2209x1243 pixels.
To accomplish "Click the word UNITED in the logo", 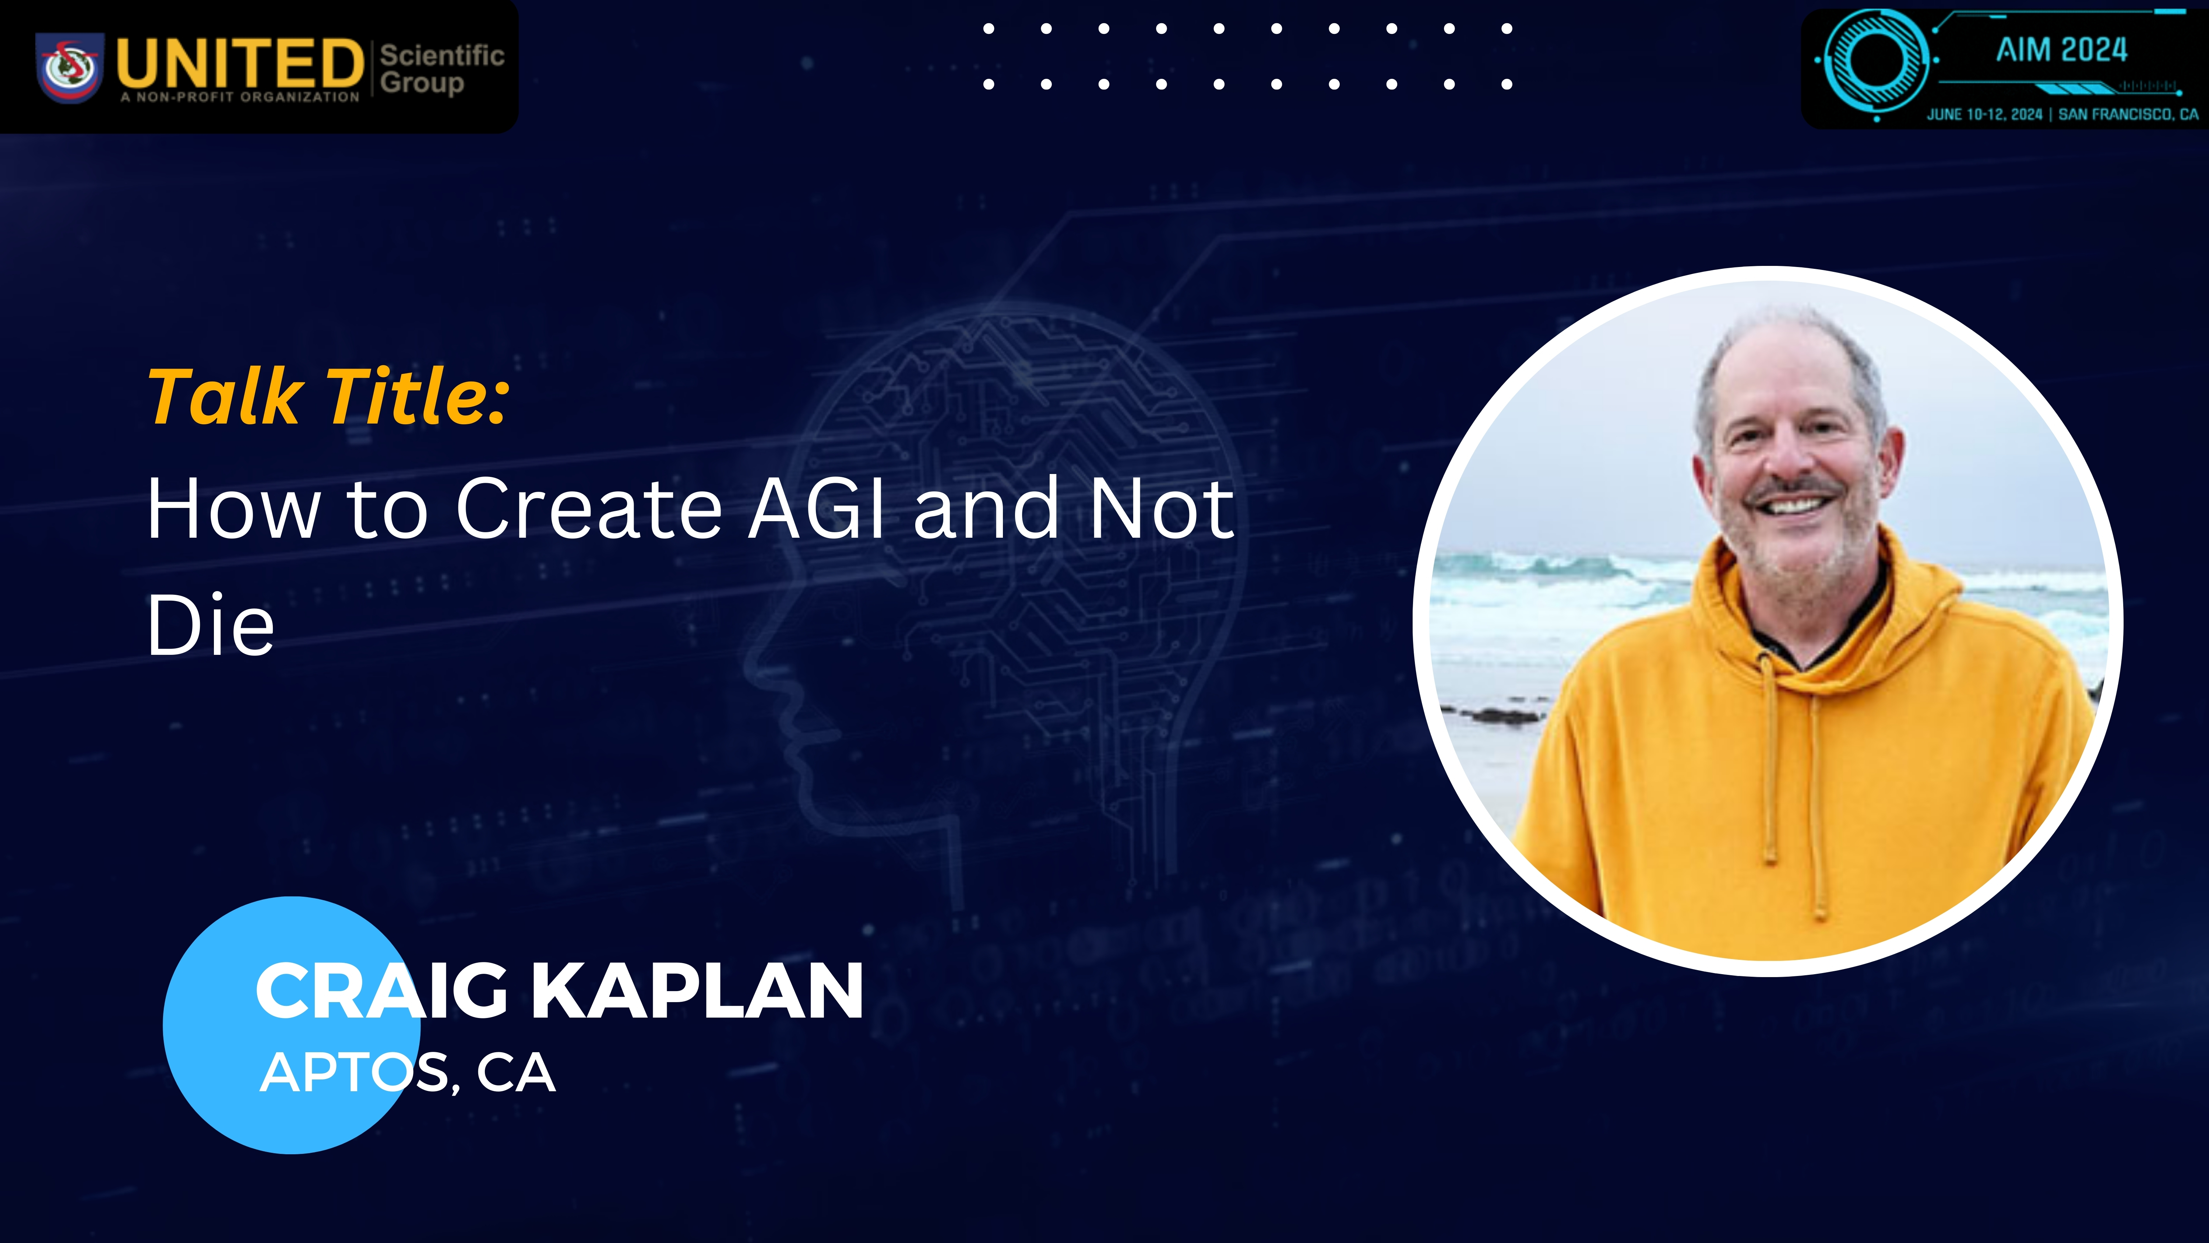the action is coord(239,63).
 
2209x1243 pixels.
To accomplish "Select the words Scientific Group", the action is coord(442,69).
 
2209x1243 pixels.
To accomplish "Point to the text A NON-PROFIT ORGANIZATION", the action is coord(240,97).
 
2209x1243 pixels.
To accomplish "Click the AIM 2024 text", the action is coord(2061,50).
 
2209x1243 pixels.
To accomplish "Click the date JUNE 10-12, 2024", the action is coord(1984,114).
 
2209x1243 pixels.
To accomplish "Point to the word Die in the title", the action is coord(211,625).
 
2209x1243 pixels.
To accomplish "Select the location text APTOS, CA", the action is coord(407,1072).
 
